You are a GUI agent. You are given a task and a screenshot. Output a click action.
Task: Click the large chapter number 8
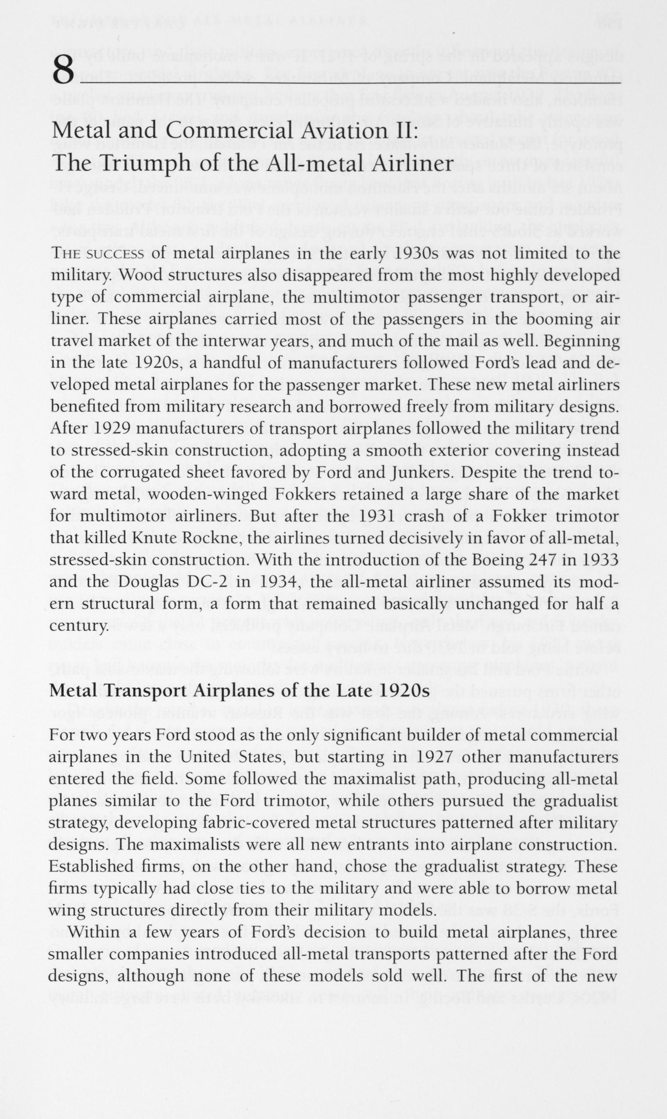(63, 71)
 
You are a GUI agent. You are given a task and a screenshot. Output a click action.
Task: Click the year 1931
(377, 517)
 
